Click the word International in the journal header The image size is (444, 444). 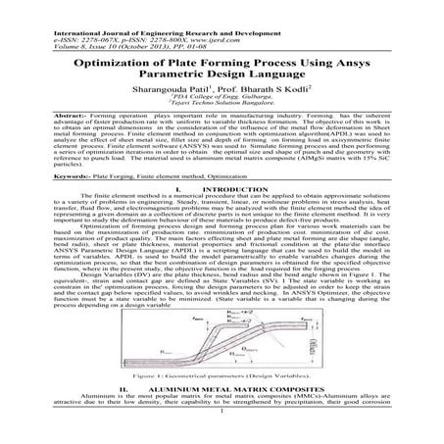(x=31, y=8)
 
